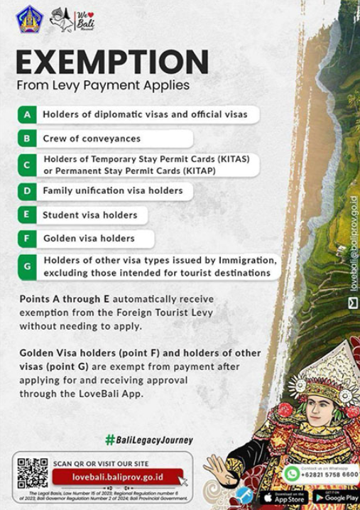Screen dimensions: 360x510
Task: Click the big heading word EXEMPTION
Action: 111,63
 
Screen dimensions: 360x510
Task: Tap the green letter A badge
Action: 27,114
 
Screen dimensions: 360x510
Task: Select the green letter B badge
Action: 27,139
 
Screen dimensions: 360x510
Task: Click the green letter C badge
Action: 27,166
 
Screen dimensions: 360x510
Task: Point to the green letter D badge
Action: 27,191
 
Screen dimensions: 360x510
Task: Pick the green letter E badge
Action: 27,215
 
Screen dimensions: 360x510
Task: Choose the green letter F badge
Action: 27,239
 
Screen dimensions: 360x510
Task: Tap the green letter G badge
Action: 27,267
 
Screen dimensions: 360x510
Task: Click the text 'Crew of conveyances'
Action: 92,139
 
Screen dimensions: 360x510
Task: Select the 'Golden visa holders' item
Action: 89,239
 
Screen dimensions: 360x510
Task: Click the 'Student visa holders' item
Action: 90,215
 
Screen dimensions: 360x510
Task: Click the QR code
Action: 33,474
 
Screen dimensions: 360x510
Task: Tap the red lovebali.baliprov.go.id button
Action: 117,477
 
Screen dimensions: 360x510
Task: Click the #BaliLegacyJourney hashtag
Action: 148,440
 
